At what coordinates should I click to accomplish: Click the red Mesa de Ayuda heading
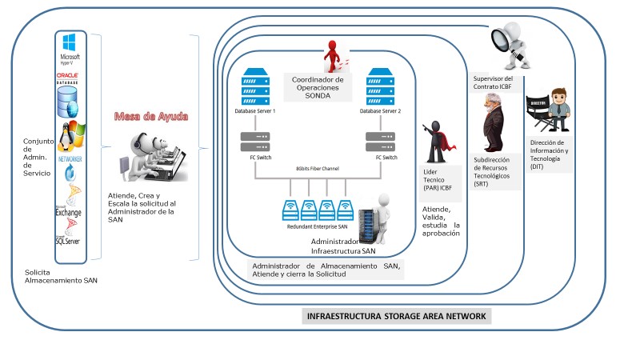coord(151,117)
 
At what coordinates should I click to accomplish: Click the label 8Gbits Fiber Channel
coord(318,170)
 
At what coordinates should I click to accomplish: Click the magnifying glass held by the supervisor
coord(502,37)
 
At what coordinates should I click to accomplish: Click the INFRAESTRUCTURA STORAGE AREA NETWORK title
coord(397,316)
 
